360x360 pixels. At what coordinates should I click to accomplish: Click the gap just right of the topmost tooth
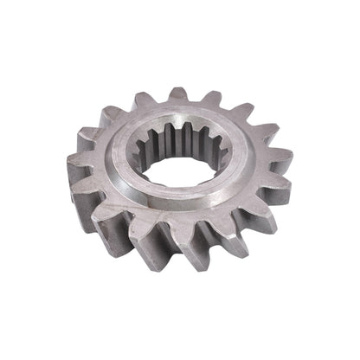196,100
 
